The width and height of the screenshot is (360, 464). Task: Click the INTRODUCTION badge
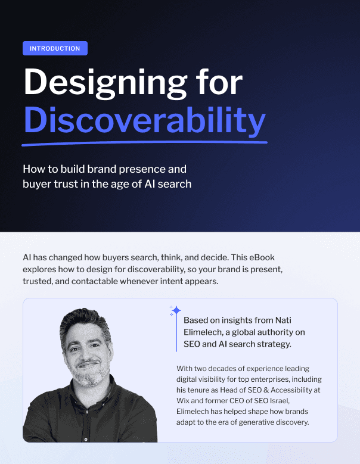coord(55,48)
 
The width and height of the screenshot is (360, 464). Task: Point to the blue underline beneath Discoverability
coord(144,144)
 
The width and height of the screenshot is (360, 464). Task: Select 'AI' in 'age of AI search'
coord(150,184)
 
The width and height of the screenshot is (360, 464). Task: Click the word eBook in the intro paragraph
coord(262,257)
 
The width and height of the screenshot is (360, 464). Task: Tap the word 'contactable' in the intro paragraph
coord(95,281)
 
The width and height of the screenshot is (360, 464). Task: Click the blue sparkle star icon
coord(176,311)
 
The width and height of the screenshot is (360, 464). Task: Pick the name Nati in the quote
coord(283,320)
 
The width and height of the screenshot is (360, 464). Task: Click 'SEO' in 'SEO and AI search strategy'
coord(191,344)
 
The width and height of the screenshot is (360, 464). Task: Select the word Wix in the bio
coord(183,401)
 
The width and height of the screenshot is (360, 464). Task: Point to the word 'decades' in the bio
coord(226,369)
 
